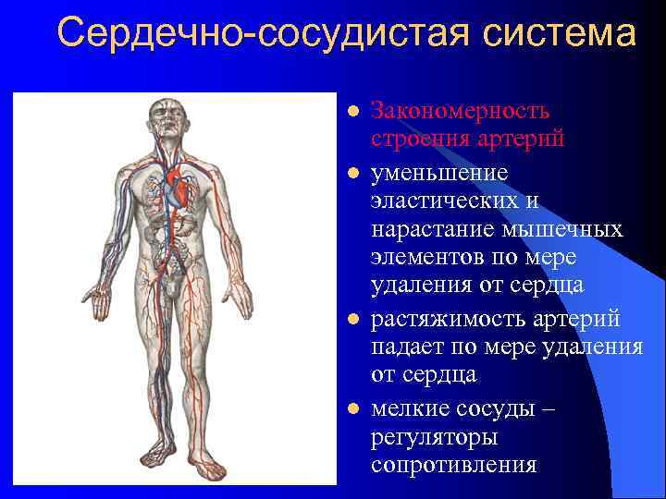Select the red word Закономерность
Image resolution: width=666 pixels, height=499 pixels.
point(461,111)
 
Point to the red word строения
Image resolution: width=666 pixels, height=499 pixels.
point(413,140)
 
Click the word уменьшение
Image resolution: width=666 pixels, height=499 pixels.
point(439,173)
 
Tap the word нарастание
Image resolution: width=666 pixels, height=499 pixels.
point(427,229)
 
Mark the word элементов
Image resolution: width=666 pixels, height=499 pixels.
point(422,257)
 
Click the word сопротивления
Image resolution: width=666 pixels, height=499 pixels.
point(453,463)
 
